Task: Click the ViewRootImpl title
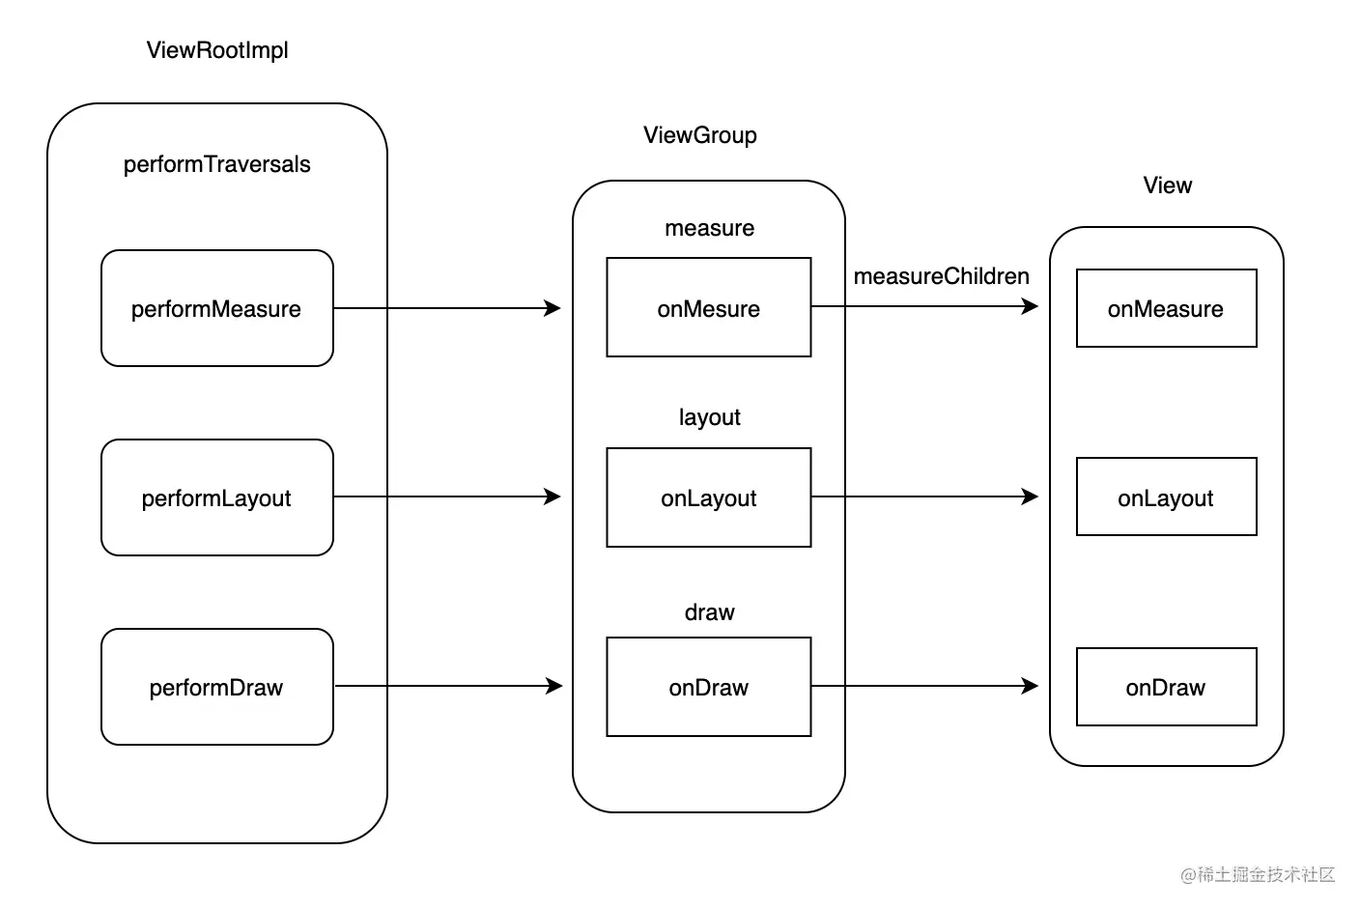pyautogui.click(x=216, y=50)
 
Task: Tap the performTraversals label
pyautogui.click(x=216, y=164)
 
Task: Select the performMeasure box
pyautogui.click(x=216, y=308)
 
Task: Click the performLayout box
pyautogui.click(x=216, y=497)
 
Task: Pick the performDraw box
pyautogui.click(x=216, y=687)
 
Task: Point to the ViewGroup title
pyautogui.click(x=700, y=135)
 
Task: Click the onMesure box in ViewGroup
pyautogui.click(x=709, y=307)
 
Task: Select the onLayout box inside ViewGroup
pyautogui.click(x=709, y=497)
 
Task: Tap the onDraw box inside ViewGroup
pyautogui.click(x=709, y=687)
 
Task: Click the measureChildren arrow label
pyautogui.click(x=941, y=276)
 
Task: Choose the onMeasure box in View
pyautogui.click(x=1166, y=308)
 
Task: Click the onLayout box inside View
pyautogui.click(x=1166, y=497)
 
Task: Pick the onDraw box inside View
pyautogui.click(x=1166, y=687)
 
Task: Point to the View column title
pyautogui.click(x=1168, y=185)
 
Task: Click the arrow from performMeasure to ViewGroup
pyautogui.click(x=447, y=308)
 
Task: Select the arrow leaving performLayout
pyautogui.click(x=447, y=497)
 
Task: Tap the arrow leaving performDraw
pyautogui.click(x=448, y=687)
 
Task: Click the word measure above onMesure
pyautogui.click(x=709, y=228)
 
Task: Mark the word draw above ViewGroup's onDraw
pyautogui.click(x=709, y=612)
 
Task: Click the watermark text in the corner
pyautogui.click(x=1258, y=874)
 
